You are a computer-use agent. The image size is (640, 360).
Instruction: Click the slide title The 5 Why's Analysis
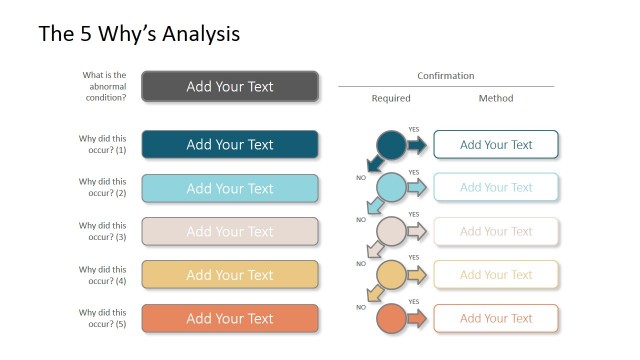[x=139, y=34]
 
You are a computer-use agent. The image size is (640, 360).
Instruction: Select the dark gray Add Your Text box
[x=230, y=86]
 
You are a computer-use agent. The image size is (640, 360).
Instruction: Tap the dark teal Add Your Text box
[x=230, y=144]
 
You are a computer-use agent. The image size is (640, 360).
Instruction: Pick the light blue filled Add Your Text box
[x=230, y=188]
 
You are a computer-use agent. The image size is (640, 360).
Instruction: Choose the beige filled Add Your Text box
[x=230, y=231]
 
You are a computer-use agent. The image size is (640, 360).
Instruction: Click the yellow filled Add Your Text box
[x=230, y=275]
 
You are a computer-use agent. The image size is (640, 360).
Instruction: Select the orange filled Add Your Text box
[x=230, y=318]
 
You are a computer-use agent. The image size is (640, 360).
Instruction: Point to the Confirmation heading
[x=445, y=76]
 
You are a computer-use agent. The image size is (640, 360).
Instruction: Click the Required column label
[x=391, y=98]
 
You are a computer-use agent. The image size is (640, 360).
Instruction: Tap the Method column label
[x=496, y=98]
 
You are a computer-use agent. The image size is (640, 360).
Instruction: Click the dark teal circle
[x=391, y=145]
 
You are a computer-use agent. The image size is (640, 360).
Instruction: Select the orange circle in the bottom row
[x=391, y=318]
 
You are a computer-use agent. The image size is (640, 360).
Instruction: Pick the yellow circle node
[x=391, y=274]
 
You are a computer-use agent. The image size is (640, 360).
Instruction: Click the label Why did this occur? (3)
[x=103, y=231]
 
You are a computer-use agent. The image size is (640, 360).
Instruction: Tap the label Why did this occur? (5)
[x=103, y=318]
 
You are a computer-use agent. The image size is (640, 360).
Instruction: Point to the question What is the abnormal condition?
[x=105, y=86]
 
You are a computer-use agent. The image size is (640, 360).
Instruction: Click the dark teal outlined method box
[x=496, y=144]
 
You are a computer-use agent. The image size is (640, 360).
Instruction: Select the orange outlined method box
[x=496, y=318]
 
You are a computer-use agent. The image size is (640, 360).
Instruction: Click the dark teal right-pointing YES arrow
[x=416, y=145]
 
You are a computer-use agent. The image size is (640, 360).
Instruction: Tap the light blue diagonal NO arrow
[x=375, y=206]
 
